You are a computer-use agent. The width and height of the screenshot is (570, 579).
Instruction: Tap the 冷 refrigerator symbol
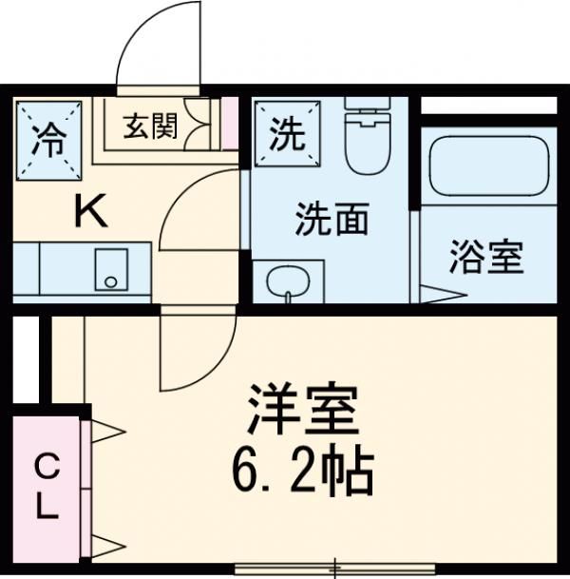pyautogui.click(x=47, y=139)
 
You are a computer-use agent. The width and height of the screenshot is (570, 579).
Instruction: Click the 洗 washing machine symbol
pyautogui.click(x=286, y=135)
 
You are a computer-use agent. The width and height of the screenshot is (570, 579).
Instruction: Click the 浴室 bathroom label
pyautogui.click(x=486, y=259)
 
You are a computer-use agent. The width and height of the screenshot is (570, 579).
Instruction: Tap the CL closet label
pyautogui.click(x=46, y=486)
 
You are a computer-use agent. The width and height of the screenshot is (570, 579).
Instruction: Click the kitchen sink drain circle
pyautogui.click(x=111, y=282)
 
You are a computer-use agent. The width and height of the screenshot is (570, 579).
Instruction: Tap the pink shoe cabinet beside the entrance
pyautogui.click(x=229, y=122)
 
